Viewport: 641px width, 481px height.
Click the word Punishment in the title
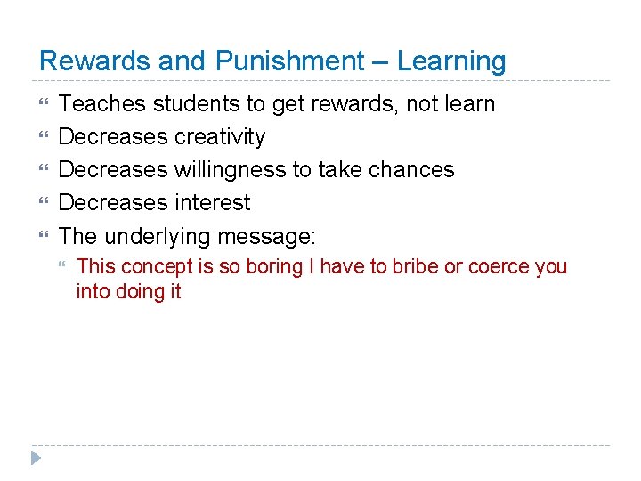point(288,61)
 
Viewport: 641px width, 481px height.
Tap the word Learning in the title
point(451,61)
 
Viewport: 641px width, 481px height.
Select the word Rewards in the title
point(95,61)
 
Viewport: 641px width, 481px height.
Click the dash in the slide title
point(380,61)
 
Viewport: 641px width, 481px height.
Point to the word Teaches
point(101,104)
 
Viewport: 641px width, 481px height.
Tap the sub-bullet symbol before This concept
point(61,266)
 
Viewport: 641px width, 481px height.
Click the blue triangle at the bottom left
point(35,458)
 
